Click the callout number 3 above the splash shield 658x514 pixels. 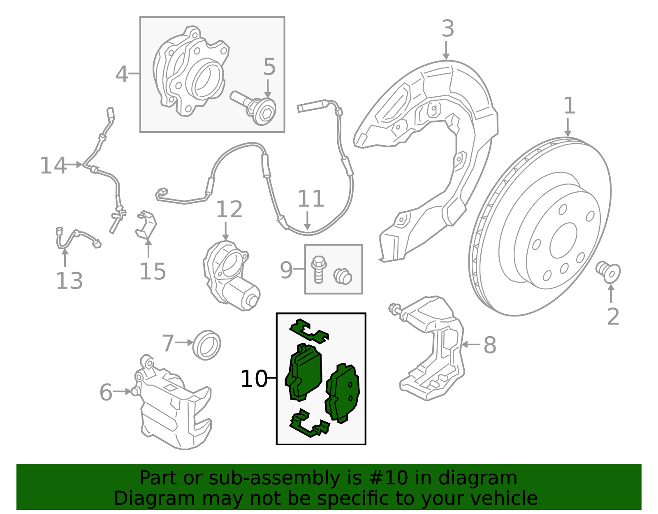447,30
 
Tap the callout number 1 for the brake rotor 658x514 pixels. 569,106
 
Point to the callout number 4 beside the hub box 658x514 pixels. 121,75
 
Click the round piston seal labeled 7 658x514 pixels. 207,344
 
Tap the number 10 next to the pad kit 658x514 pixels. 254,379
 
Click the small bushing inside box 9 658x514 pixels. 342,277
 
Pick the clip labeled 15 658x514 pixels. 146,225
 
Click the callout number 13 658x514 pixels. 69,281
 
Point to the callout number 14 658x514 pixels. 53,166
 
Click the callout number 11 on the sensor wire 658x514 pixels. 310,199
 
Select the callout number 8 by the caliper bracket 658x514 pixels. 489,345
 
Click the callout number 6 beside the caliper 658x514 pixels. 106,392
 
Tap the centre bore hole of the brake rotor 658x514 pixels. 563,241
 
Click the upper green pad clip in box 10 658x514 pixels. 309,331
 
